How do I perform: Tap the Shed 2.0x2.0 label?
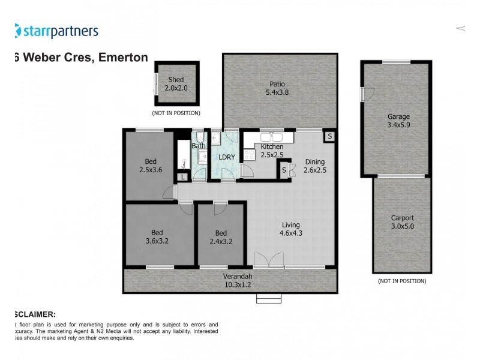pos(176,83)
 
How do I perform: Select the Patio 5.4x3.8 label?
pos(277,88)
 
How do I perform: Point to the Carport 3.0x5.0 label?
pos(402,222)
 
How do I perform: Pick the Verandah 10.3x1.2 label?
pos(238,280)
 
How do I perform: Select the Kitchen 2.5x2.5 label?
pos(271,151)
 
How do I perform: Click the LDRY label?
pos(227,157)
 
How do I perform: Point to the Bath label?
pos(199,146)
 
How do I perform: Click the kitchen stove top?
pos(249,154)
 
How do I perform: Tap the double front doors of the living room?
pos(268,260)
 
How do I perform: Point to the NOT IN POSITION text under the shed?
pos(176,113)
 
